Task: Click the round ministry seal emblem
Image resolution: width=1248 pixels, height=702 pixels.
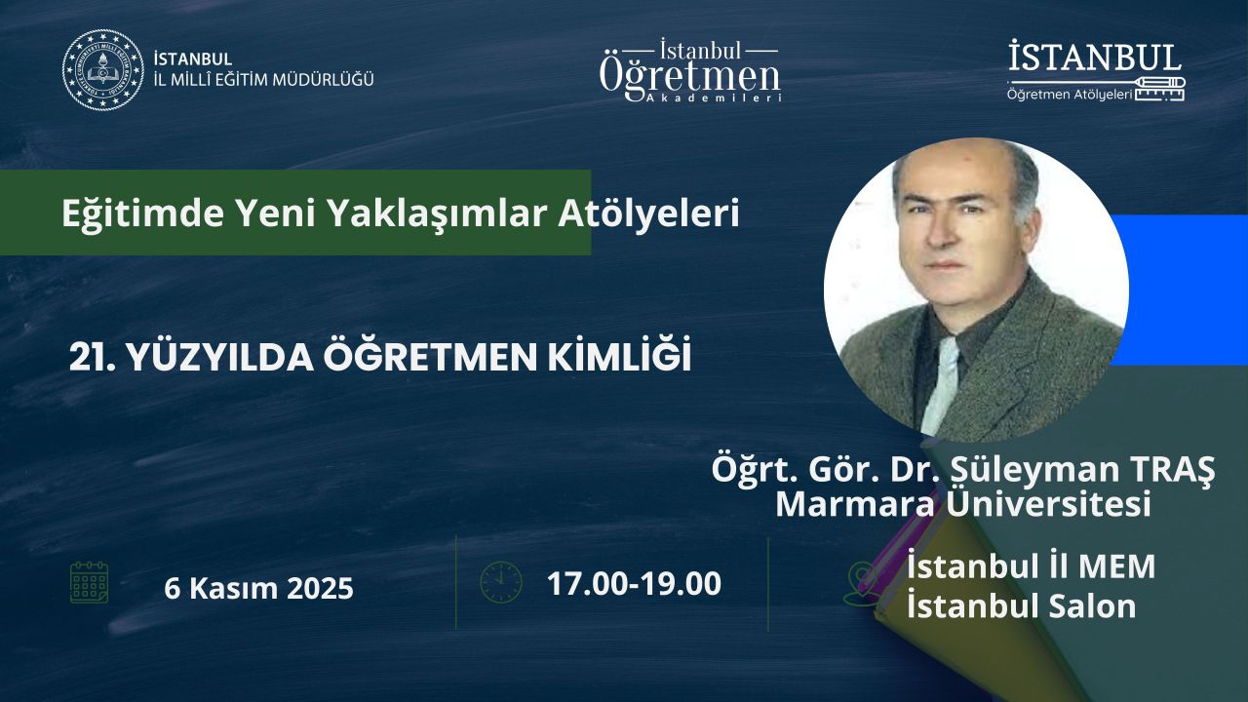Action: point(103,70)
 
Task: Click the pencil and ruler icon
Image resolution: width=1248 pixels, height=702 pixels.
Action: point(1160,90)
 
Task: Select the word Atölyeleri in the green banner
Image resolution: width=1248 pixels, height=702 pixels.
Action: point(649,214)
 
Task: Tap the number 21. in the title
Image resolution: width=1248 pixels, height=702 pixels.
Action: point(92,358)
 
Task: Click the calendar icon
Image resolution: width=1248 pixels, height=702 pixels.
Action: point(89,583)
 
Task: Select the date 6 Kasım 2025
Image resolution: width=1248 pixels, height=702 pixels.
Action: point(258,588)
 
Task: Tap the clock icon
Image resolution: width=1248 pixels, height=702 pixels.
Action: point(501,583)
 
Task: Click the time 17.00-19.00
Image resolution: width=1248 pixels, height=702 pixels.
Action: point(634,583)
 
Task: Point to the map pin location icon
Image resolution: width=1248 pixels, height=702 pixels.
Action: point(861,583)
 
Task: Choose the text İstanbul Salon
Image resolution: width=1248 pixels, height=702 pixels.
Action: point(1021,606)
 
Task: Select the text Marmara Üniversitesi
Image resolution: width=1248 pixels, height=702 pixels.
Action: point(963,504)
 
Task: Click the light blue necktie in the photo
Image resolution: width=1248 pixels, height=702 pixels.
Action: point(941,384)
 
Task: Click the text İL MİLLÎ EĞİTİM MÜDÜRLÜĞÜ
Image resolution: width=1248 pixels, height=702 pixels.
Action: point(263,80)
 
